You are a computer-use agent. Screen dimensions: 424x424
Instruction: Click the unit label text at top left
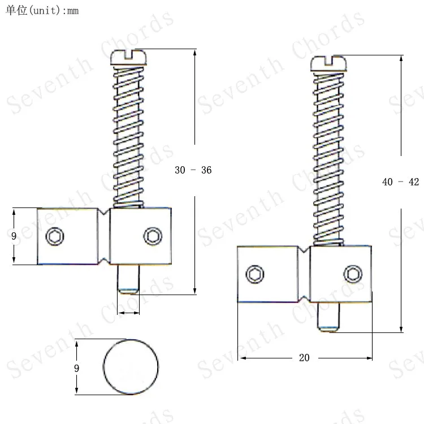(42, 11)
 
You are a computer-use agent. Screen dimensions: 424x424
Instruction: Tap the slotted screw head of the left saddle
(129, 56)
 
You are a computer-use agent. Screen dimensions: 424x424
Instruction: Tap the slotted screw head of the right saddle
(330, 63)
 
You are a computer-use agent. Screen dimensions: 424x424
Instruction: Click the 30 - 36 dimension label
(193, 170)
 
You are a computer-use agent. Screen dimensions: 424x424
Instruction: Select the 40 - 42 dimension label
(401, 182)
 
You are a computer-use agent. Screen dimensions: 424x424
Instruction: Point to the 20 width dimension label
(305, 358)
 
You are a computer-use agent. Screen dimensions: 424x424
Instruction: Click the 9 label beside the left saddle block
(14, 236)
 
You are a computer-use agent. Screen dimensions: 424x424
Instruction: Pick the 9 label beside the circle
(77, 368)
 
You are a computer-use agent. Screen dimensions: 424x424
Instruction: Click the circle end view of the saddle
(131, 367)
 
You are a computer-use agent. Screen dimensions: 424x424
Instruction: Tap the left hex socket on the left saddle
(55, 236)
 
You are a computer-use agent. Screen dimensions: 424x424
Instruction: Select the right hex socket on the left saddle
(152, 235)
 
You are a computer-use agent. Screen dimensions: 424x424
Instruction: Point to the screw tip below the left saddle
(129, 279)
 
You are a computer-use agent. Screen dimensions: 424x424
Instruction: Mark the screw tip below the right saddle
(328, 317)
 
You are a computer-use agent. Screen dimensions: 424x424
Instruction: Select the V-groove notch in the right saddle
(304, 274)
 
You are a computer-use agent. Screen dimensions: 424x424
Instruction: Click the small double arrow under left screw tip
(129, 313)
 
